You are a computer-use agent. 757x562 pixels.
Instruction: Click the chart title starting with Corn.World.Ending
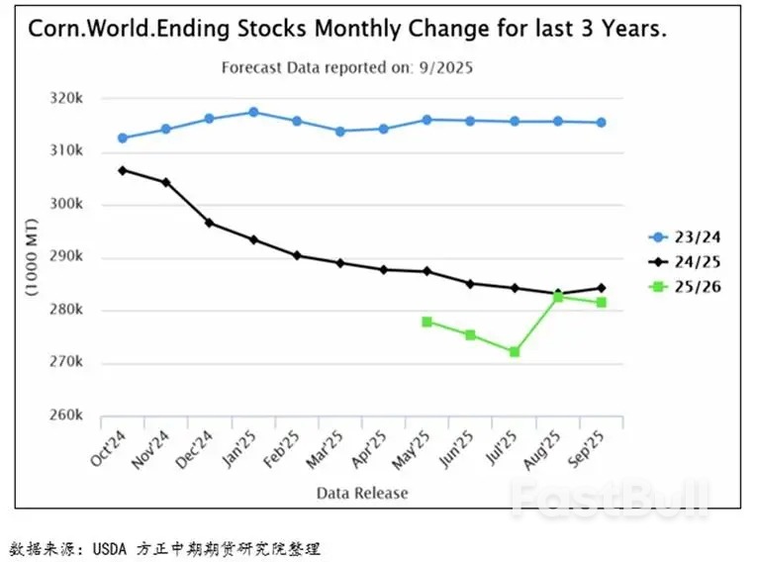coord(346,30)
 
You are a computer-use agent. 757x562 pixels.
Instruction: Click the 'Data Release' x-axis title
coord(362,493)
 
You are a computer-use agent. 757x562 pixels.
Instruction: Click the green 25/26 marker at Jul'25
coord(515,351)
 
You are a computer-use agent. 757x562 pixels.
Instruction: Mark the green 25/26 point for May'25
coord(427,322)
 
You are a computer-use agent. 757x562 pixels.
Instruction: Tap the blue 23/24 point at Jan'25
coord(253,112)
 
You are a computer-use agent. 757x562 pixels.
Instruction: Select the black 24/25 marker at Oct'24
coord(123,170)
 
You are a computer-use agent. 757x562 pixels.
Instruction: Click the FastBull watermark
coord(609,495)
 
